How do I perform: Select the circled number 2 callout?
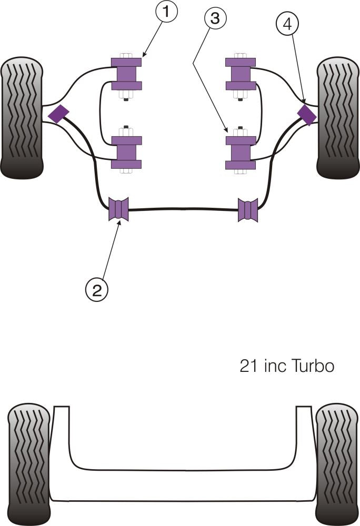[x=97, y=289]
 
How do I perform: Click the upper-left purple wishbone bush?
[x=126, y=73]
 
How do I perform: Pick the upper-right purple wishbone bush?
[x=241, y=73]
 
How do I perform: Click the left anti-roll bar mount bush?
[x=118, y=209]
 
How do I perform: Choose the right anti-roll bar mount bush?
[x=248, y=210]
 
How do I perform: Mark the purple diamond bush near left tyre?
[x=58, y=113]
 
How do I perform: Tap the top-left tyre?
[x=22, y=118]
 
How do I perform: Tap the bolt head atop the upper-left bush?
[x=126, y=55]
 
